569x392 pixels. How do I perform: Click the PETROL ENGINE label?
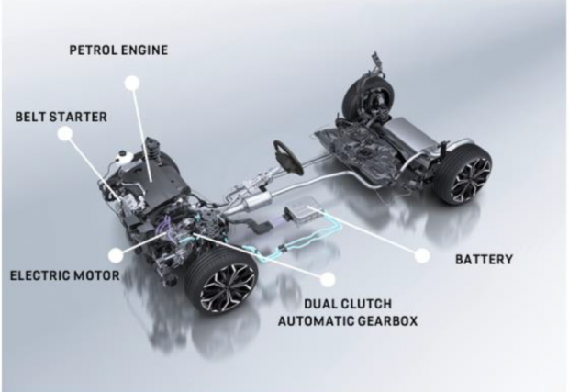pyautogui.click(x=118, y=50)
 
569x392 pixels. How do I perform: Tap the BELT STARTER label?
pyautogui.click(x=61, y=117)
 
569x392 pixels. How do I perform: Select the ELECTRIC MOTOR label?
pyautogui.click(x=64, y=275)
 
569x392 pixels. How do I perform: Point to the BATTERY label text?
pyautogui.click(x=484, y=260)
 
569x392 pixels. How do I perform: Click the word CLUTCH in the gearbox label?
pyautogui.click(x=365, y=304)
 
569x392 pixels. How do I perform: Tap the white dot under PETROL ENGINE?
pyautogui.click(x=132, y=84)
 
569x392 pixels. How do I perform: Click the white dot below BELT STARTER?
pyautogui.click(x=64, y=133)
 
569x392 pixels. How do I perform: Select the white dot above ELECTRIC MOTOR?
pyautogui.click(x=116, y=255)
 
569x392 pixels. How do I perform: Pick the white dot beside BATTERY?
pyautogui.click(x=422, y=255)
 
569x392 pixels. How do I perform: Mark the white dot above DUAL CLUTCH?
pyautogui.click(x=328, y=279)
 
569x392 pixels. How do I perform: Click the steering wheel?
pyautogui.click(x=287, y=157)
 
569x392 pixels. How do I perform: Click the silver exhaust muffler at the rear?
pyautogui.click(x=412, y=133)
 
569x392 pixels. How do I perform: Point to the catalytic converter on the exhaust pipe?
pyautogui.click(x=259, y=200)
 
